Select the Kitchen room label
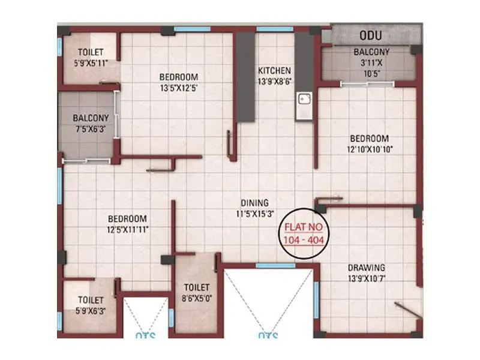click(274, 70)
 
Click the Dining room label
click(254, 203)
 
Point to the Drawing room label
click(366, 267)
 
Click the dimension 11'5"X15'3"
click(254, 213)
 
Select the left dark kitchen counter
click(245, 77)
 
